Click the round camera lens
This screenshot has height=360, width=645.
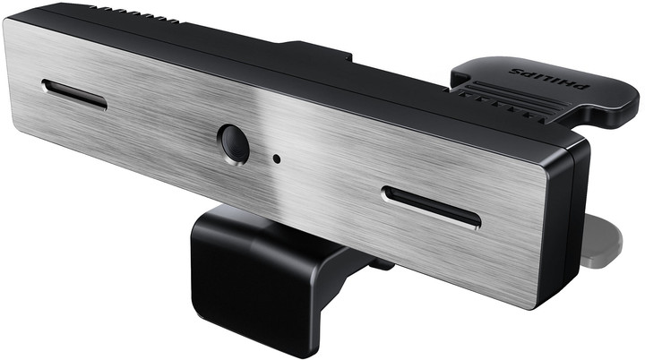pos(233,144)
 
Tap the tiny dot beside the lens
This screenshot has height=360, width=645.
pos(277,159)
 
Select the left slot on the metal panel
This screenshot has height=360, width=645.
pos(74,95)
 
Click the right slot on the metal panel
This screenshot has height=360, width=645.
pos(431,207)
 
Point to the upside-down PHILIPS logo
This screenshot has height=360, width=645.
pos(549,78)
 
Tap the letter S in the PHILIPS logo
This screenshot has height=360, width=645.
pos(516,71)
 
